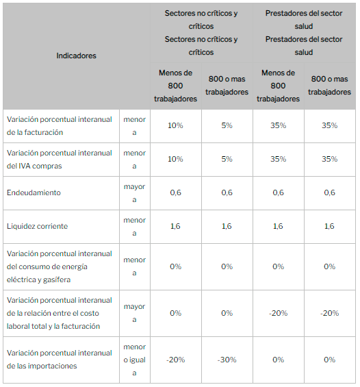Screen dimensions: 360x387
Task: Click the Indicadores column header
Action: tap(76, 55)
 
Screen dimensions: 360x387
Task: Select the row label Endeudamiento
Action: tap(34, 192)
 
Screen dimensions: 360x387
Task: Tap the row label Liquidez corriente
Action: tap(37, 226)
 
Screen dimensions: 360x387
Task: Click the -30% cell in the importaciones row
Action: tap(227, 360)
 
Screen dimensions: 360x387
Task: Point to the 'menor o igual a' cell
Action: tap(134, 360)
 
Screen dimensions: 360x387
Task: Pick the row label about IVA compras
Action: tap(59, 160)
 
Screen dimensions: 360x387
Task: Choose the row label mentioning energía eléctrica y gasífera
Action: tap(59, 266)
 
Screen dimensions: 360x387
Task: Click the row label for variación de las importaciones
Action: tap(59, 360)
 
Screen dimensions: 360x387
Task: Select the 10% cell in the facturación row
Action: tap(175, 125)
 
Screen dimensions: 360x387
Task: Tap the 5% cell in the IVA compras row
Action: tap(227, 159)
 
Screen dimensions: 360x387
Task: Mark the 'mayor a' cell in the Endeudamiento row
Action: tap(134, 193)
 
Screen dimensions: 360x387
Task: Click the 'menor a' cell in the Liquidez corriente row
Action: tap(134, 227)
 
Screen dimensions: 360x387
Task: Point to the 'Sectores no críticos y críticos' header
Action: tap(201, 33)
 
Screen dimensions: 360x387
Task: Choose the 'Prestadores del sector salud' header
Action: tap(304, 33)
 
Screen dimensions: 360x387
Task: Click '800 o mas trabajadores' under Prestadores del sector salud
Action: tap(329, 86)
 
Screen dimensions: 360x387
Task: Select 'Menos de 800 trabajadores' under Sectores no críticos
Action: tap(175, 86)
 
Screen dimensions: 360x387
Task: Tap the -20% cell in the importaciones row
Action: tap(175, 360)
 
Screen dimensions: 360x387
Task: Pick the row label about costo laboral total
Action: tap(59, 313)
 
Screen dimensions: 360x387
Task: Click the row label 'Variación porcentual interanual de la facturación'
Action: tap(59, 126)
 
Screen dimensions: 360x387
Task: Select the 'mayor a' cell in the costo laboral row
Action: tap(134, 313)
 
